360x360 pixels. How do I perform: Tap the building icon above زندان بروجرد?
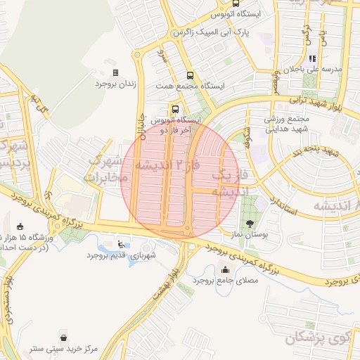pos(115,72)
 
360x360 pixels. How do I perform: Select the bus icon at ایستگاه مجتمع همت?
pos(189,75)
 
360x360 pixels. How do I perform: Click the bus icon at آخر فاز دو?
pos(175,109)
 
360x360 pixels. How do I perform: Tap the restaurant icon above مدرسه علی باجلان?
pos(312,58)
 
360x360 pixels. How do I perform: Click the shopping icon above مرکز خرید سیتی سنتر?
pos(65,337)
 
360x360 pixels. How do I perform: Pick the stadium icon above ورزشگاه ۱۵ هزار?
pos(20,226)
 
